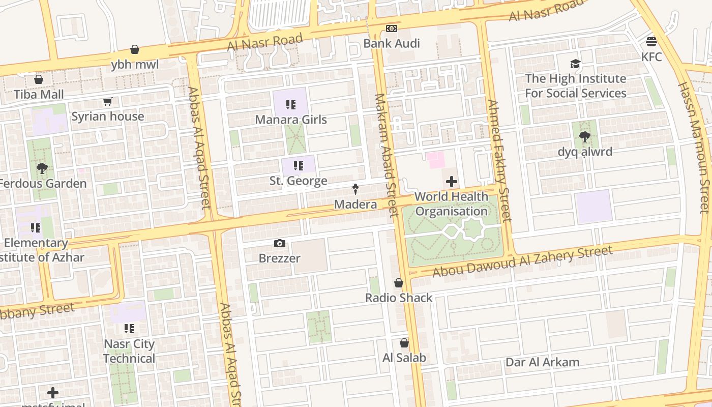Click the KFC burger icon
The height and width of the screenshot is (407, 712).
[x=651, y=41]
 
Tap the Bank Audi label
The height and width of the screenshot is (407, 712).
[x=391, y=43]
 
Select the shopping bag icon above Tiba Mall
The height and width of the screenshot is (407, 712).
[x=39, y=79]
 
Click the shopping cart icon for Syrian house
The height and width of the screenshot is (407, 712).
[x=107, y=102]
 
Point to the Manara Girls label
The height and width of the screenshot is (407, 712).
[x=291, y=120]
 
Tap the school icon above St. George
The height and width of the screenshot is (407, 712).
[x=299, y=166]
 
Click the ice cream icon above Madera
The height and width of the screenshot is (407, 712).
[x=355, y=189]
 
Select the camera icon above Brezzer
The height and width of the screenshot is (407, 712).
[x=279, y=243]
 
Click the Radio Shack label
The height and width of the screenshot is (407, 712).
[x=399, y=298]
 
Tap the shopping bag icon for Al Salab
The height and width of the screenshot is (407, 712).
[x=404, y=343]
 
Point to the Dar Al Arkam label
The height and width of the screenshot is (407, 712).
[x=542, y=362]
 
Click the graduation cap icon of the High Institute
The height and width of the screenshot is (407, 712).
[x=575, y=64]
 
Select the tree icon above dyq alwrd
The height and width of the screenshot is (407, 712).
[x=585, y=136]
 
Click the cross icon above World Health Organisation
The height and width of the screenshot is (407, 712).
[x=451, y=182]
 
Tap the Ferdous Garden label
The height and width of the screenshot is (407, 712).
[x=43, y=184]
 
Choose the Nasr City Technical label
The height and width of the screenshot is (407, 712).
[x=129, y=351]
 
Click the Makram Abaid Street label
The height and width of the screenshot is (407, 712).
[x=385, y=155]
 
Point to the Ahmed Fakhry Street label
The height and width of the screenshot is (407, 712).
[x=498, y=161]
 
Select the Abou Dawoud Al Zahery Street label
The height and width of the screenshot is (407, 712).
[x=522, y=262]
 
